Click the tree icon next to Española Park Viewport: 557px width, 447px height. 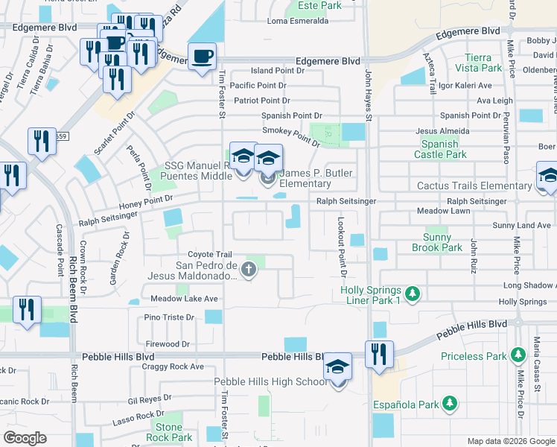(449, 405)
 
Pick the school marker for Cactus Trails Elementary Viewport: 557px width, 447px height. (548, 178)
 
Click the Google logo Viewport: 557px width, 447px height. (25, 438)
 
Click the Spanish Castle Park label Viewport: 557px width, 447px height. (444, 149)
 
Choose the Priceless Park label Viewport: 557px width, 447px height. (472, 357)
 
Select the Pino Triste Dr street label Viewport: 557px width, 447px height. (169, 317)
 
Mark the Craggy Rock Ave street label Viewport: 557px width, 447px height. (175, 367)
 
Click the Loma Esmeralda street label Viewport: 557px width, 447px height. (297, 22)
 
